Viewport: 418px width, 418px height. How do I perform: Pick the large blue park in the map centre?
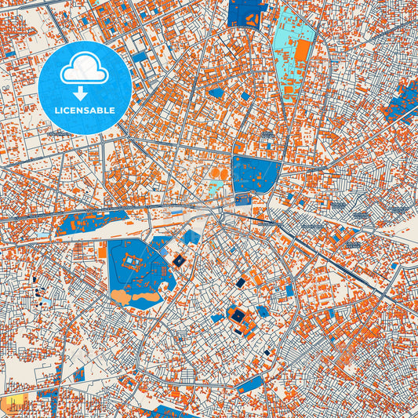[x=256, y=174]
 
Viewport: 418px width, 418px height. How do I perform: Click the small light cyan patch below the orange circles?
[x=214, y=187]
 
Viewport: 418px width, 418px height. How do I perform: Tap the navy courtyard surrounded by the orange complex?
[x=236, y=316]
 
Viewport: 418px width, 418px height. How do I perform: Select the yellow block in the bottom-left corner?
[x=13, y=406]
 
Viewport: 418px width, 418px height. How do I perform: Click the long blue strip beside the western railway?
[x=90, y=222]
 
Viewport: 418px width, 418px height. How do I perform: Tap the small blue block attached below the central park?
[x=243, y=199]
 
